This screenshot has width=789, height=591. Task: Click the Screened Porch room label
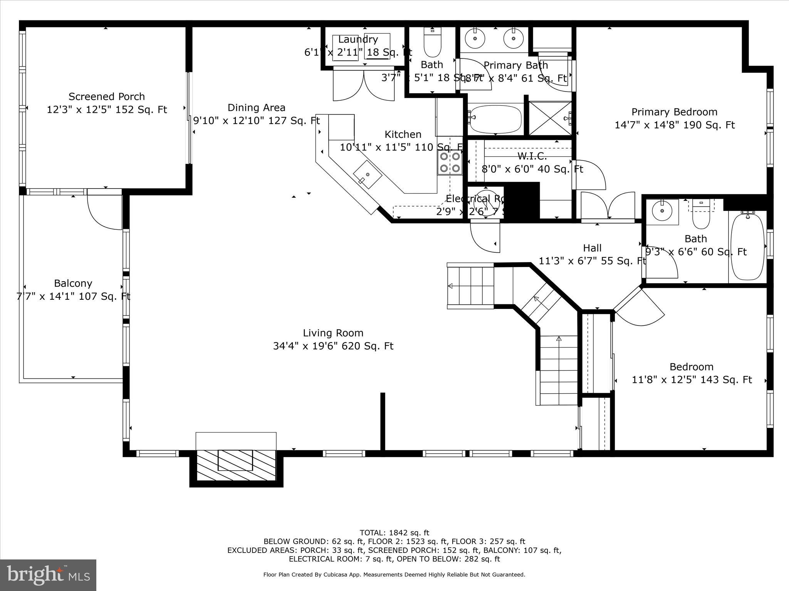coord(107,97)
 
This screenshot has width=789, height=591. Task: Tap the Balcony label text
coord(73,284)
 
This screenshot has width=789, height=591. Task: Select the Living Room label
coord(333,333)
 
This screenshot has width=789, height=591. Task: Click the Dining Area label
coord(256,108)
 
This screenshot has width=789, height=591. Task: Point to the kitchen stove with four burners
coord(450,162)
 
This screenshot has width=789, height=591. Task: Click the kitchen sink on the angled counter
coord(368,174)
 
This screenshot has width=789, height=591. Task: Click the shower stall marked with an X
coord(549,118)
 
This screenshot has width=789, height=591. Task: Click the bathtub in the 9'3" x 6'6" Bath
coord(747,246)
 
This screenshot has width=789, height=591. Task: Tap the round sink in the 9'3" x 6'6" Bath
coord(662,211)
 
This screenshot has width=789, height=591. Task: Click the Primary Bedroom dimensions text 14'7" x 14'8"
coord(675,125)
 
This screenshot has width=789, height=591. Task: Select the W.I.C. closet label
coord(532,156)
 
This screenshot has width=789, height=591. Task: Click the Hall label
coord(592,248)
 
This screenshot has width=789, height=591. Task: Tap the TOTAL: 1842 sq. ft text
coord(394,533)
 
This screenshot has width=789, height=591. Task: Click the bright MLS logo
coord(48,575)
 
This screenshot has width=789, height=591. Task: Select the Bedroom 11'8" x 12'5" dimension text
coord(692,380)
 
